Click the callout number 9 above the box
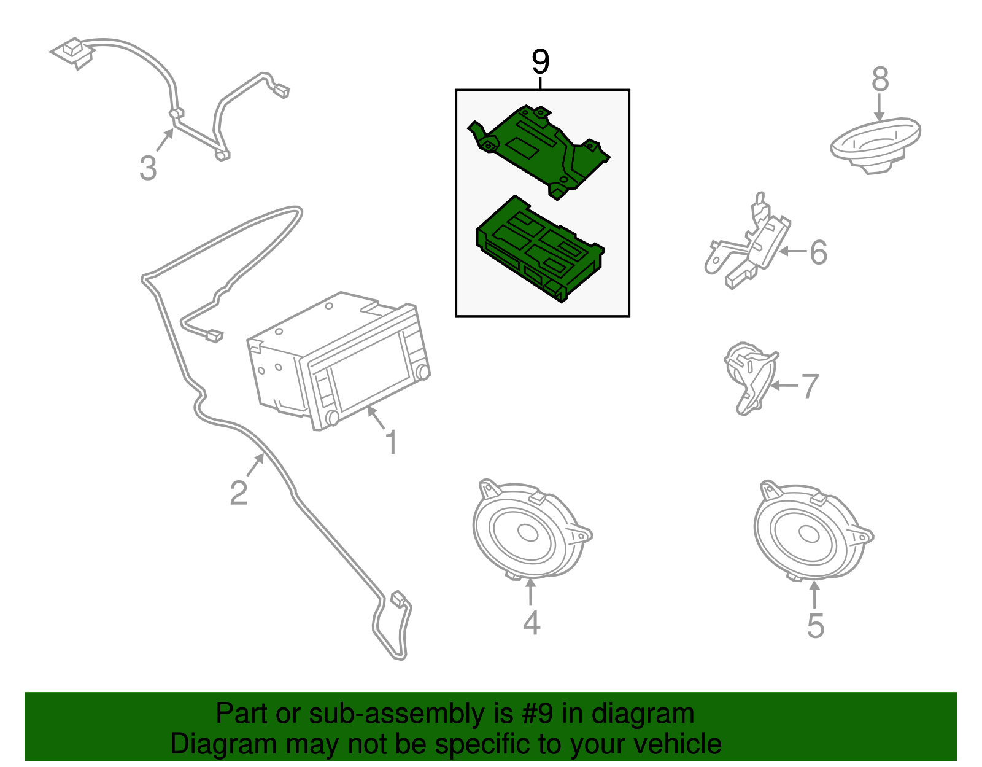coord(540,62)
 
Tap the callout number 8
coord(880,80)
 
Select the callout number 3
coord(148,168)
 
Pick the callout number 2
coord(239,493)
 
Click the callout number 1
coord(392,442)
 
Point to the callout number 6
coord(818,252)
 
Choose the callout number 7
coord(810,386)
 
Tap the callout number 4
coord(532,622)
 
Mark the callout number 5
coord(816,626)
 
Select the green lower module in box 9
coord(540,249)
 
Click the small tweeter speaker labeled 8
coord(875,146)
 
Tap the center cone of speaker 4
coord(527,532)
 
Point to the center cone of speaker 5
coord(809,534)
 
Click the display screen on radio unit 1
coord(371,367)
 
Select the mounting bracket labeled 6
coord(748,242)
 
